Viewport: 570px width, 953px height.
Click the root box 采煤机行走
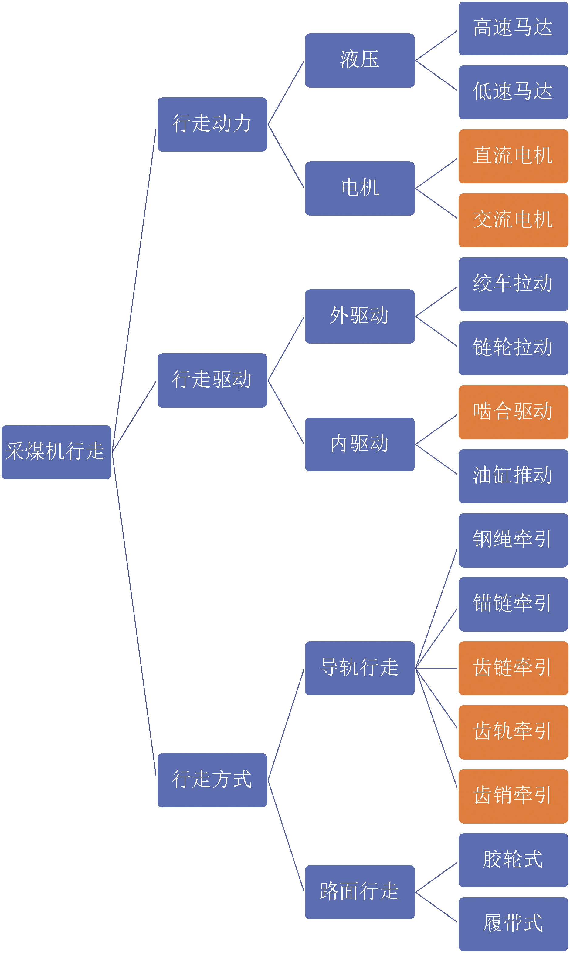[x=56, y=452]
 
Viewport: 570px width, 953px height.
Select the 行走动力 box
[x=212, y=124]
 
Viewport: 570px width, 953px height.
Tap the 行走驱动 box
[x=212, y=380]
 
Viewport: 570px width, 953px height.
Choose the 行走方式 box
[x=212, y=780]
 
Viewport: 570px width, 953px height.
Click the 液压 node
[x=360, y=60]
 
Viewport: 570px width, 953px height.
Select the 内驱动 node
[x=360, y=444]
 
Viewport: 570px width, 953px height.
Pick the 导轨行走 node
[x=360, y=668]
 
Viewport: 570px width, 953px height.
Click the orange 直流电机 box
[x=513, y=156]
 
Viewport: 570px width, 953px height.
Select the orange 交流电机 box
[x=513, y=220]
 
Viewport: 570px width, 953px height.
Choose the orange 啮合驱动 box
[x=513, y=412]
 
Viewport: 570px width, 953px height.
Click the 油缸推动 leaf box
[x=513, y=476]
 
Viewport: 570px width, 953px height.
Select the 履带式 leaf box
[x=513, y=924]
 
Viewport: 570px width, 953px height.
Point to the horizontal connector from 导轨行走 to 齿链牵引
[x=436, y=668]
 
